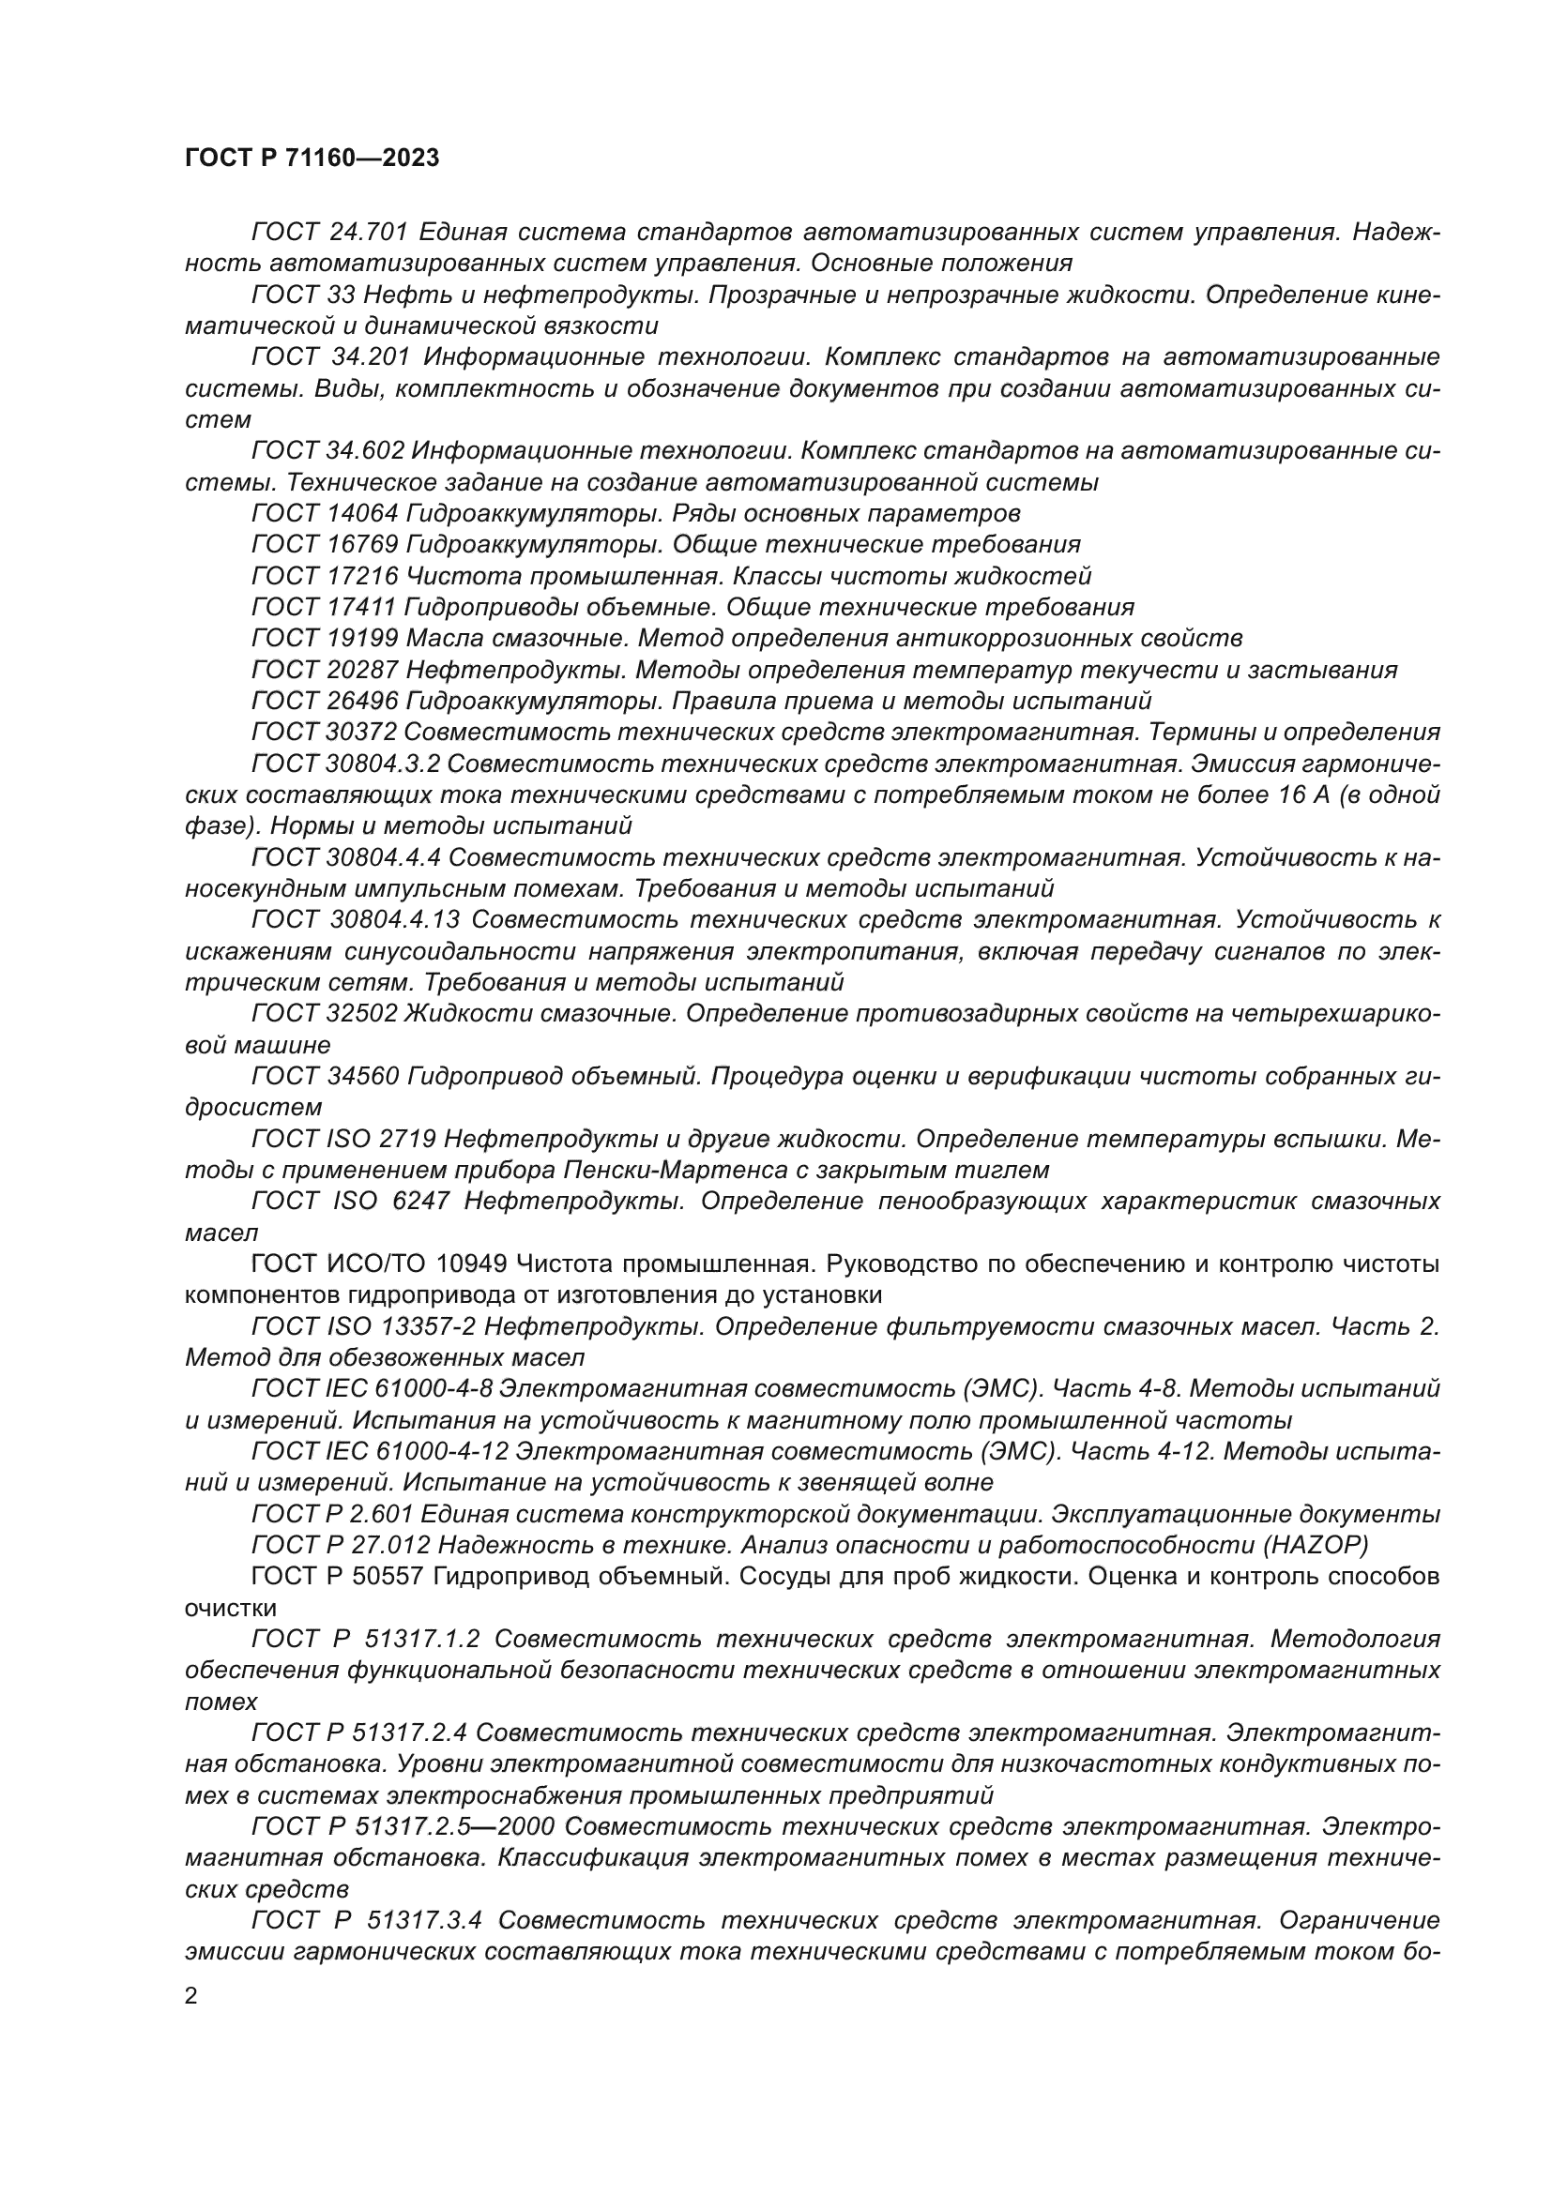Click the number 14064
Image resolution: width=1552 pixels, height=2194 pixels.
tap(362, 513)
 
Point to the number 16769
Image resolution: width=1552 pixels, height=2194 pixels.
tap(362, 545)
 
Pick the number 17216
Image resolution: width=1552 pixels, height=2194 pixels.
tap(362, 576)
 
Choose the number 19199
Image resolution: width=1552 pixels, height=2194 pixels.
tap(362, 639)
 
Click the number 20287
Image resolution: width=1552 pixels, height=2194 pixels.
tap(362, 670)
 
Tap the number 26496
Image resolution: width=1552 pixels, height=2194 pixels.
tap(362, 702)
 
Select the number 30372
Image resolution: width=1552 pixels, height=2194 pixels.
tap(362, 733)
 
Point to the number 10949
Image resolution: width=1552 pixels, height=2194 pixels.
tap(470, 1264)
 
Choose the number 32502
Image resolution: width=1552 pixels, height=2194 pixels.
tap(362, 1013)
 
